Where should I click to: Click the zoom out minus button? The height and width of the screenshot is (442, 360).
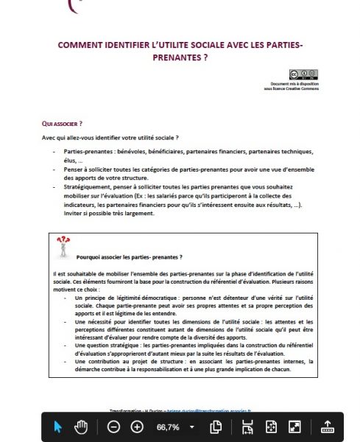pyautogui.click(x=113, y=427)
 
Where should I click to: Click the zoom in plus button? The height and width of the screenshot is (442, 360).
pyautogui.click(x=137, y=427)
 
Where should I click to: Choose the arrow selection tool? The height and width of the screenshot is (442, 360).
pyautogui.click(x=58, y=427)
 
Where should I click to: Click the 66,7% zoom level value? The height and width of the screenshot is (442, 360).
pyautogui.click(x=167, y=427)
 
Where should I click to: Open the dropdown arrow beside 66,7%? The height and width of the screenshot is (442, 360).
pyautogui.click(x=192, y=427)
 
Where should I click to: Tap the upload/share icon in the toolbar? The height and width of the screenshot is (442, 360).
pyautogui.click(x=328, y=427)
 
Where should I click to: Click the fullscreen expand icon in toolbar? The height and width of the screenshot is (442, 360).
pyautogui.click(x=294, y=427)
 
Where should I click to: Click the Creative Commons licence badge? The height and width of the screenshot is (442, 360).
pyautogui.click(x=303, y=74)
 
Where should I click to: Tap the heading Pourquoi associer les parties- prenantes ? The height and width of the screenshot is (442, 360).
pyautogui.click(x=130, y=257)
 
